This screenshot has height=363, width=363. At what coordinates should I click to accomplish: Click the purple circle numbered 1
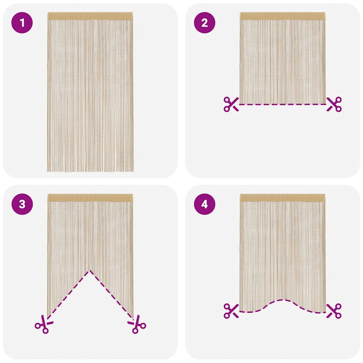(22, 23)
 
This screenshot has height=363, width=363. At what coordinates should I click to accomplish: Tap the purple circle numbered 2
(204, 23)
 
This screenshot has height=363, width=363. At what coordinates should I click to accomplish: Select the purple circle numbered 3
(22, 204)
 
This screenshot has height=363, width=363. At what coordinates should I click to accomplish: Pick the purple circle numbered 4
(204, 204)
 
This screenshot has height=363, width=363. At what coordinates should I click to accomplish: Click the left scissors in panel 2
(231, 104)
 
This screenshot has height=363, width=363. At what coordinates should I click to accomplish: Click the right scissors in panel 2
(334, 104)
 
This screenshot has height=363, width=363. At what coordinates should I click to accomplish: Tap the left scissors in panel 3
(43, 325)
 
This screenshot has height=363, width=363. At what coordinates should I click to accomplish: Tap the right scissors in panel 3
(137, 325)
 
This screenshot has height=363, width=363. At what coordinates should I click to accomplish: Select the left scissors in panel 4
(231, 311)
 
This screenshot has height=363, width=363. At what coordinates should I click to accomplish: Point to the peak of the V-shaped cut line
(90, 270)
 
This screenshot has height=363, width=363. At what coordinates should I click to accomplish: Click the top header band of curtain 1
(90, 16)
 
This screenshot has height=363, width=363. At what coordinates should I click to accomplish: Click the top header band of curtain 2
(283, 16)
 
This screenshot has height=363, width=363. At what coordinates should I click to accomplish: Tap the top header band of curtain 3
(90, 198)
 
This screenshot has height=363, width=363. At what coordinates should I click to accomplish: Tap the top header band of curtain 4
(283, 198)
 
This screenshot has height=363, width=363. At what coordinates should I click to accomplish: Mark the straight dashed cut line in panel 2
(283, 104)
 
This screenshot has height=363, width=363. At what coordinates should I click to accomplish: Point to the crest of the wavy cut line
(281, 300)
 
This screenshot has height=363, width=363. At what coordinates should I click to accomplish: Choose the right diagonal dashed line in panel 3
(112, 294)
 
